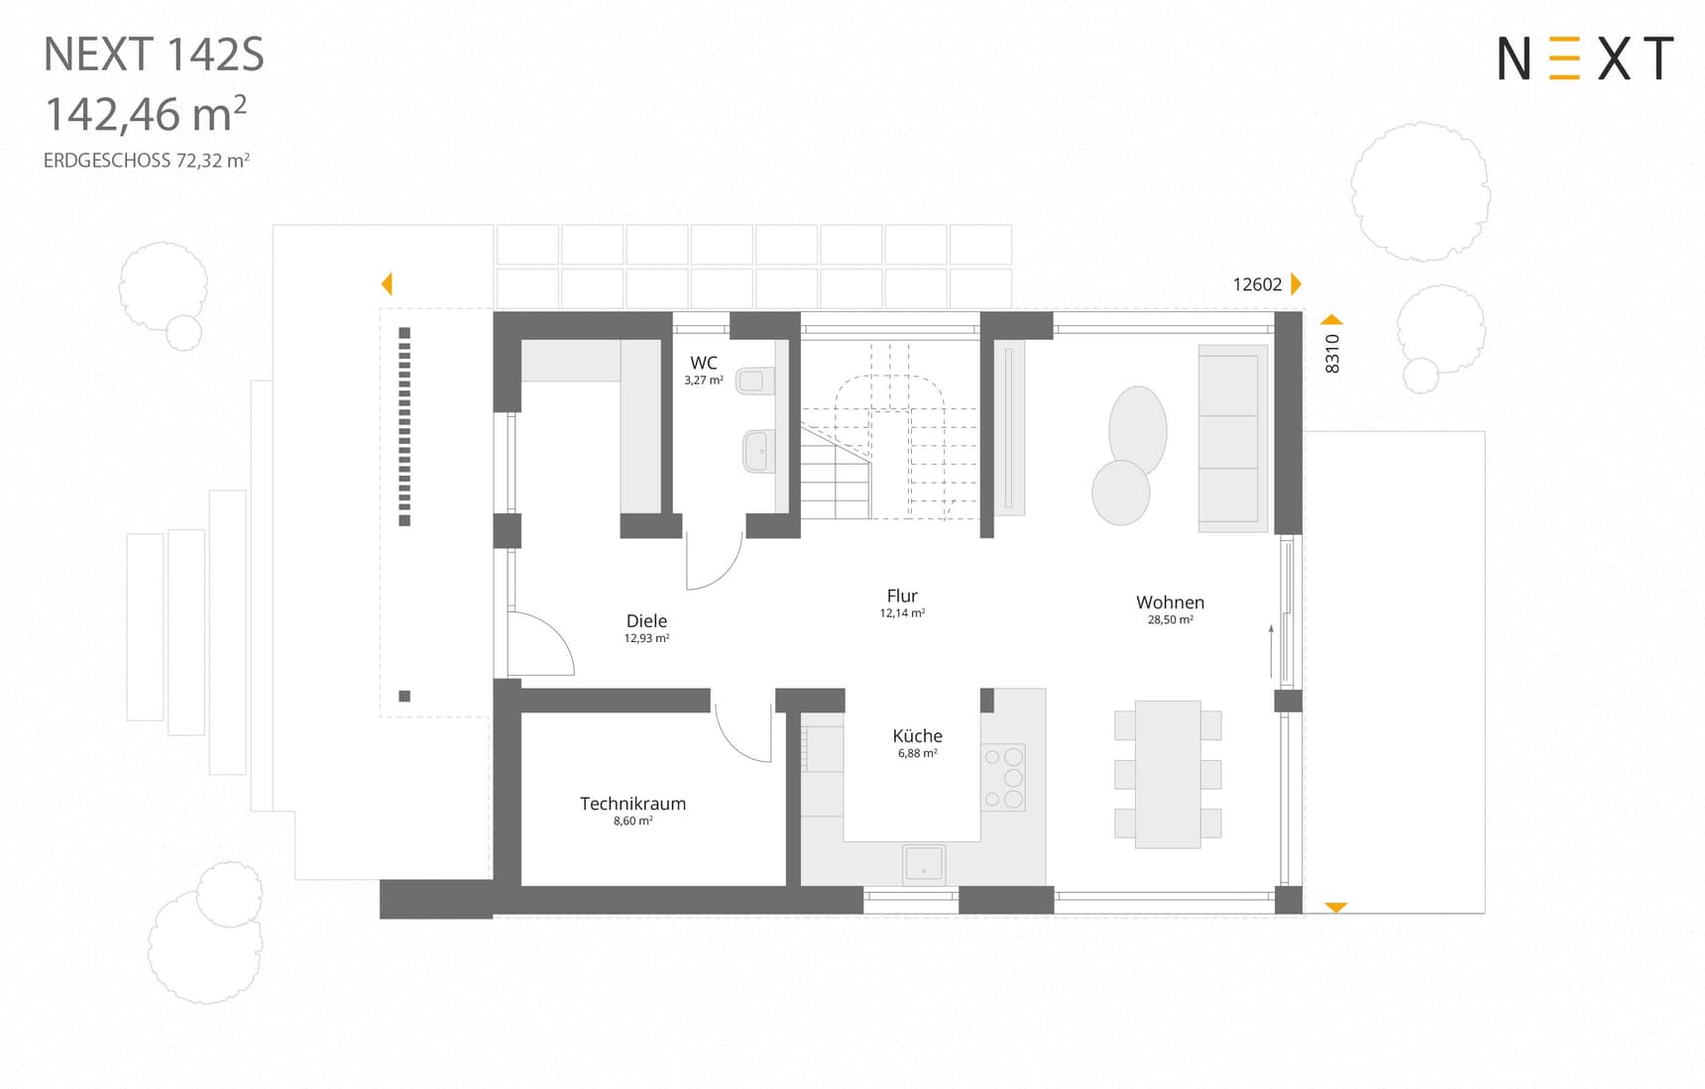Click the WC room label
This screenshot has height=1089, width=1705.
703,363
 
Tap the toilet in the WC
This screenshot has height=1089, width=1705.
754,381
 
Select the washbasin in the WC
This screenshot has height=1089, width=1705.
758,452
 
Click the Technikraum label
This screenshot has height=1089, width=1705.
632,804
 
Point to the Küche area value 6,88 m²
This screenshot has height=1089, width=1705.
917,753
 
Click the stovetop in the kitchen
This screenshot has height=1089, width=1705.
1003,778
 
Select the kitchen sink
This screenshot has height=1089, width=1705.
924,864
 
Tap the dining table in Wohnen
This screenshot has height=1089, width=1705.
1168,774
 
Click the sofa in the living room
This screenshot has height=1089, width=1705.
1233,438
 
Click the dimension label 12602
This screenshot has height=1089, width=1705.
1257,284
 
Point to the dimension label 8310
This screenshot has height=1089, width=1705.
1332,354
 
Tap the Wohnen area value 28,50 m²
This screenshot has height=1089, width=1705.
1170,619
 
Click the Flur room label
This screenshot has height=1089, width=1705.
902,596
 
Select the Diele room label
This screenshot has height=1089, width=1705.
646,621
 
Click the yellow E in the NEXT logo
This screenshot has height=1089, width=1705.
1564,58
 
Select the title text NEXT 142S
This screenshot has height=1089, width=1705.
154,54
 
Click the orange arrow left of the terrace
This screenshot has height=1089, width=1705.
387,284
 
